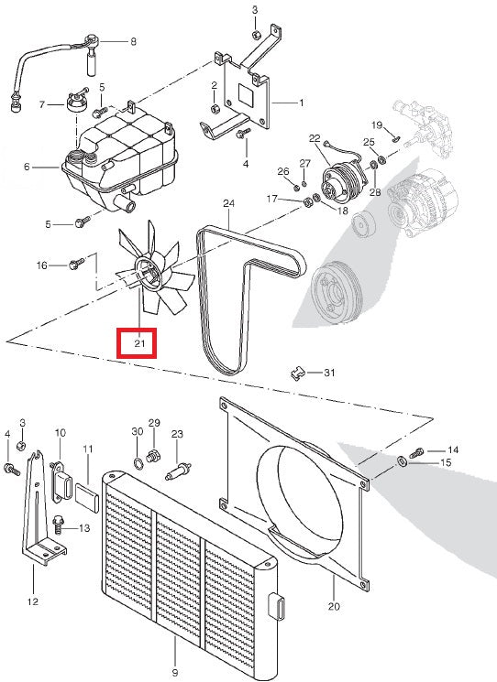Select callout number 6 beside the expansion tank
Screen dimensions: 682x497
(27, 168)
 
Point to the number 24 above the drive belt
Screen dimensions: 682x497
(228, 202)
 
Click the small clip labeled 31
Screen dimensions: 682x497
(296, 372)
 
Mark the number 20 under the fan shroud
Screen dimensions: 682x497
(334, 606)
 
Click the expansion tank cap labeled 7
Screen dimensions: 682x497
(76, 100)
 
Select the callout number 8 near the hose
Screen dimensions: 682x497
(132, 41)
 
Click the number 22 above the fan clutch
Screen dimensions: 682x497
(315, 138)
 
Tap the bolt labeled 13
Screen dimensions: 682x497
(59, 525)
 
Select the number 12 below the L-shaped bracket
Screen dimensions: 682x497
(33, 602)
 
